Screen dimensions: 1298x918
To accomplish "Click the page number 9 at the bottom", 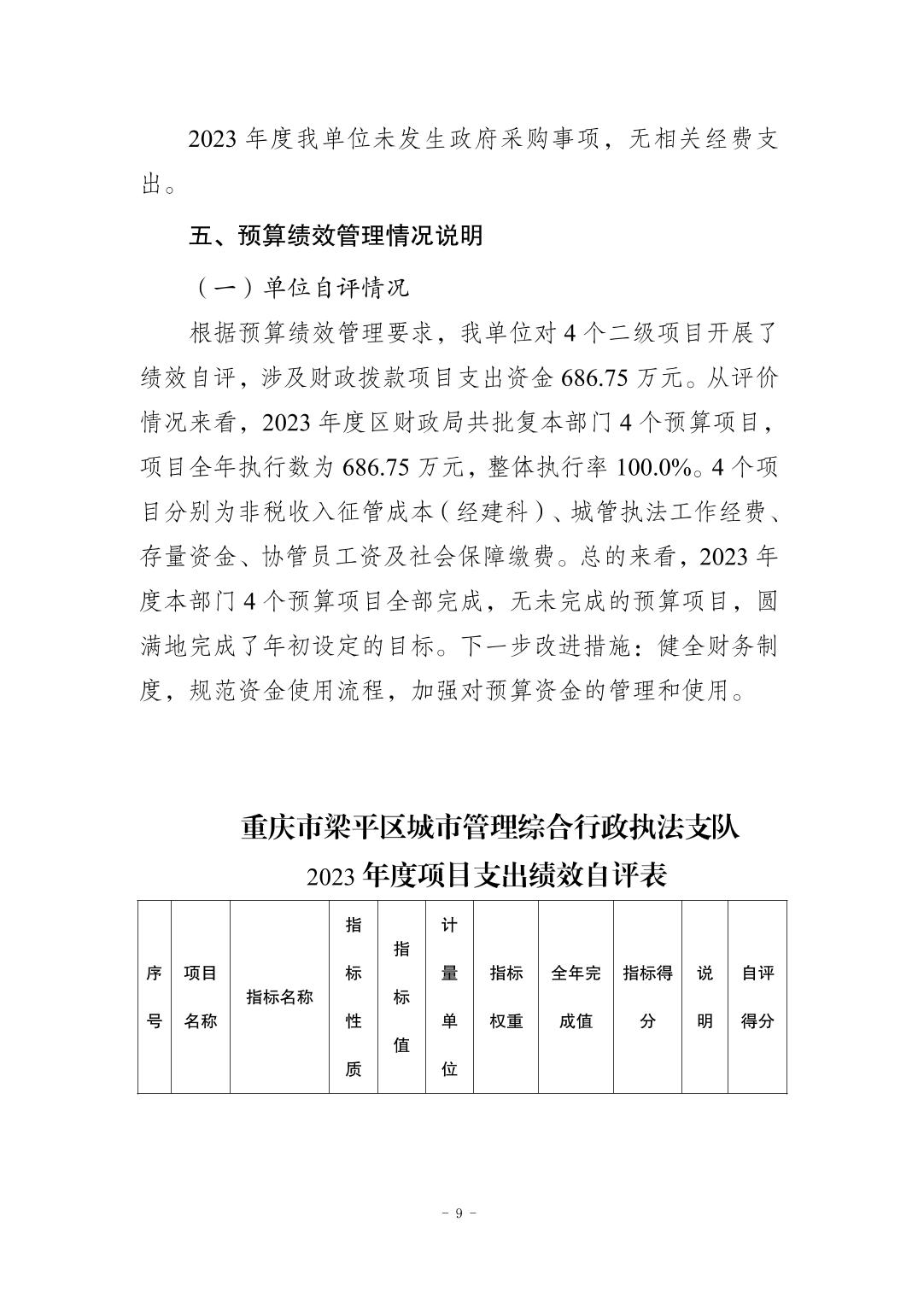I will tap(459, 1214).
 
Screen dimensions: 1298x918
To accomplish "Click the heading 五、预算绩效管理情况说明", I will tap(336, 236).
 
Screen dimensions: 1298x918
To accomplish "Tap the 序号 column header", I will tap(155, 997).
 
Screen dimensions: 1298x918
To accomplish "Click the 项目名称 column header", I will tap(201, 997).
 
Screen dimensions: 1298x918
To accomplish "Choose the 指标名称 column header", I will tap(279, 997).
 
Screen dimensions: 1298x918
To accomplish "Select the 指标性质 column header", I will tap(354, 997).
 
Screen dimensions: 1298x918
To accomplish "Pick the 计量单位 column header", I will tap(449, 997).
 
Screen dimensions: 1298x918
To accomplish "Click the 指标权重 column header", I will tap(506, 997).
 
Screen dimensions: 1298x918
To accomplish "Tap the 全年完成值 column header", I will tap(576, 997).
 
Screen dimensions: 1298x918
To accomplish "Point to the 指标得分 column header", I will tap(647, 997).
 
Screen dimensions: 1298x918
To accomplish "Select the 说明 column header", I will tap(705, 997).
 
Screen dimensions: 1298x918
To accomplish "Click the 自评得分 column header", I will tap(757, 997).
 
